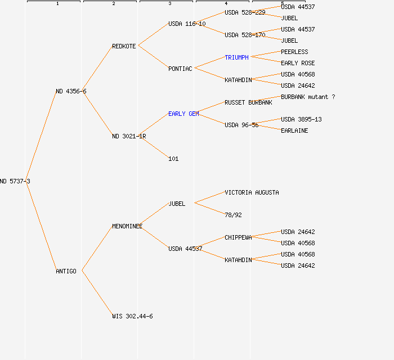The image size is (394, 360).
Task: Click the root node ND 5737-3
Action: click(x=15, y=181)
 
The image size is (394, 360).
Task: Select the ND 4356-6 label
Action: click(x=71, y=91)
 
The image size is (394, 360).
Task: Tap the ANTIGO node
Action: click(x=66, y=271)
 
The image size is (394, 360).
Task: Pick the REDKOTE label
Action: click(x=124, y=46)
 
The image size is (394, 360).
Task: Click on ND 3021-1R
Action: click(x=129, y=136)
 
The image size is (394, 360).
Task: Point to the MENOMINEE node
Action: click(x=127, y=226)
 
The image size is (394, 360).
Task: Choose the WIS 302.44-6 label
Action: click(x=132, y=316)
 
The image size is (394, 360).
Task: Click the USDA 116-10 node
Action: click(x=187, y=24)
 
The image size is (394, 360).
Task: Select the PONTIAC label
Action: click(x=180, y=69)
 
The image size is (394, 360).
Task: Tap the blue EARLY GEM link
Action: click(x=183, y=114)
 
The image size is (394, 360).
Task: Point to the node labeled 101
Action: click(x=173, y=159)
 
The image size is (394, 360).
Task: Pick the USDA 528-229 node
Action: click(x=245, y=12)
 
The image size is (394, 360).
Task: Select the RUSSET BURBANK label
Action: click(x=248, y=102)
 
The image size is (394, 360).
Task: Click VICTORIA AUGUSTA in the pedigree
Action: click(x=252, y=192)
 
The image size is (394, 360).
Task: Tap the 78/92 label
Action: click(x=233, y=215)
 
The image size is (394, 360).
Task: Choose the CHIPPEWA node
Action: click(x=238, y=237)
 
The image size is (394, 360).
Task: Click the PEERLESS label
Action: click(x=294, y=52)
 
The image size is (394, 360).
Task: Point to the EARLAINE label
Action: click(x=294, y=130)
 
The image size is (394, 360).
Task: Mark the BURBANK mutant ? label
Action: click(x=308, y=97)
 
